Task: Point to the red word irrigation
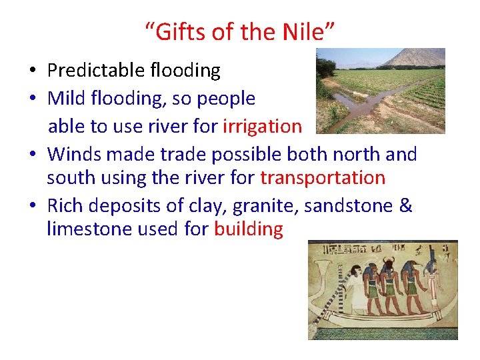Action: [x=262, y=126]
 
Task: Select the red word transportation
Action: [x=323, y=178]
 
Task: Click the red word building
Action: [x=249, y=229]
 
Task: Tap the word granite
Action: [x=263, y=207]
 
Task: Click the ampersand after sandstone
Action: [x=405, y=205]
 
